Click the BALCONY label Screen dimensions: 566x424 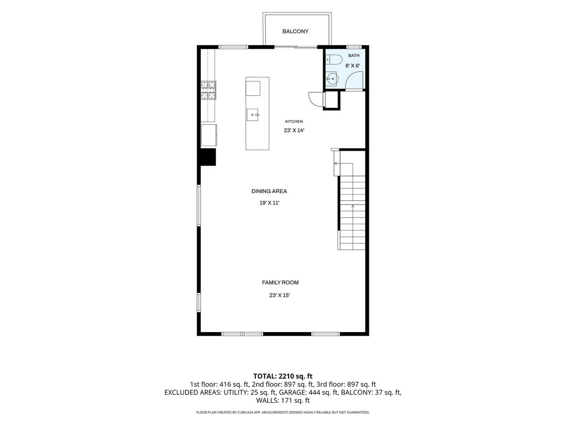click(295, 32)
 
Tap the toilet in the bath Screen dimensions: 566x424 click(333, 59)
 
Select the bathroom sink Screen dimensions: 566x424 click(331, 79)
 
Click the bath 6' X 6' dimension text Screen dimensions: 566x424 click(352, 65)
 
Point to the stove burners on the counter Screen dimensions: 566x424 click(208, 90)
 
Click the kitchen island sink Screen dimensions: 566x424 click(252, 115)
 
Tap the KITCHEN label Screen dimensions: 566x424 click(294, 122)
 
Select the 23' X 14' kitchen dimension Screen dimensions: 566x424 click(294, 130)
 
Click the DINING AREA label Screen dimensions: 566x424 click(269, 191)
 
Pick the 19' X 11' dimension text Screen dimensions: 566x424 click(269, 203)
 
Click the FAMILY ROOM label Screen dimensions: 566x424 click(280, 282)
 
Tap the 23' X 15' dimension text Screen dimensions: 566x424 click(280, 295)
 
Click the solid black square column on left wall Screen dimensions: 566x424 click(208, 157)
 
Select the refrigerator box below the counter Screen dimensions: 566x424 click(209, 135)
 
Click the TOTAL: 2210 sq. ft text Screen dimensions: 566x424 click(283, 376)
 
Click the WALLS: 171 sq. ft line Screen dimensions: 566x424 click(283, 400)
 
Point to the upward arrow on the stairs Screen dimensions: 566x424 click(352, 206)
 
